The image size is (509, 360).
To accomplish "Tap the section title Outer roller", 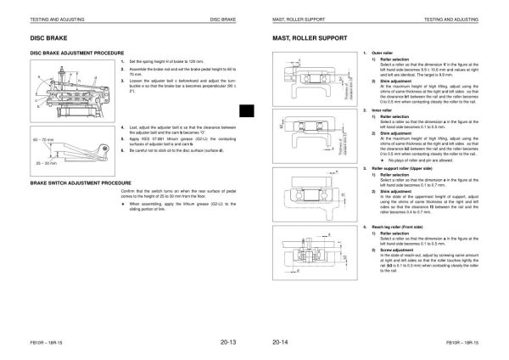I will pyautogui.click(x=373, y=53).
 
